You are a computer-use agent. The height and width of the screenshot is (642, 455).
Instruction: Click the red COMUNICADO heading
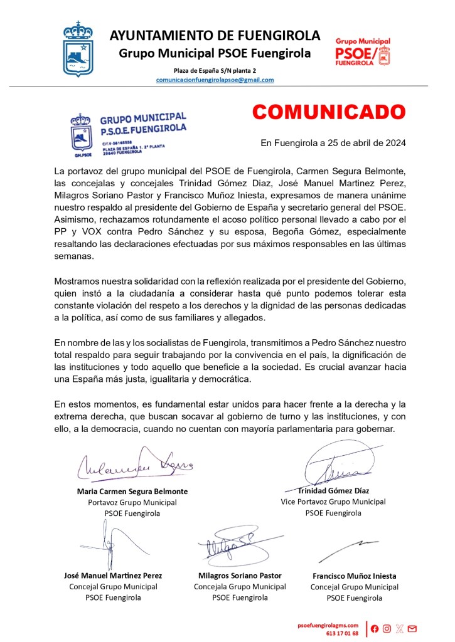tap(329, 112)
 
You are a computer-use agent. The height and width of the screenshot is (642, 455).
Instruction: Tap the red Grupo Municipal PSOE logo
tap(363, 51)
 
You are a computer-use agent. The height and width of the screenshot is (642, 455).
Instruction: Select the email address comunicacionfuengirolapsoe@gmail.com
tap(215, 80)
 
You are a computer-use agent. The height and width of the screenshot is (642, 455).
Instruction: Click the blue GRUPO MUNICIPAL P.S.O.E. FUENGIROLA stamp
tap(127, 134)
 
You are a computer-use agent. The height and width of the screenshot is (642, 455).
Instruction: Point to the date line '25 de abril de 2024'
tap(333, 142)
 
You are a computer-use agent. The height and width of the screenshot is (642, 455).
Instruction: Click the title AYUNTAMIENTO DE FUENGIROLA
tap(215, 36)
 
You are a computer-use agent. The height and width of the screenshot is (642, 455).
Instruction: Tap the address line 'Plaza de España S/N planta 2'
tap(215, 71)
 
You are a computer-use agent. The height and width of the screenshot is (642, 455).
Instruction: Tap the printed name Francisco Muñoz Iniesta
tap(354, 576)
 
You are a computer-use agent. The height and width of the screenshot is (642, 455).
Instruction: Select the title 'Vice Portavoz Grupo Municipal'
tap(333, 502)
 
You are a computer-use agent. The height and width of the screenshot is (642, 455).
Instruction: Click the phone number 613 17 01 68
tap(342, 633)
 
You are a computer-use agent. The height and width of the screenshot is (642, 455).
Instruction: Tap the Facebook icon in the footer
tap(375, 629)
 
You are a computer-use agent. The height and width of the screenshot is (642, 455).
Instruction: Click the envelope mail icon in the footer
tap(412, 629)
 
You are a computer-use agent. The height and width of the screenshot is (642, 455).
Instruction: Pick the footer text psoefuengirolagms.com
tap(328, 625)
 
